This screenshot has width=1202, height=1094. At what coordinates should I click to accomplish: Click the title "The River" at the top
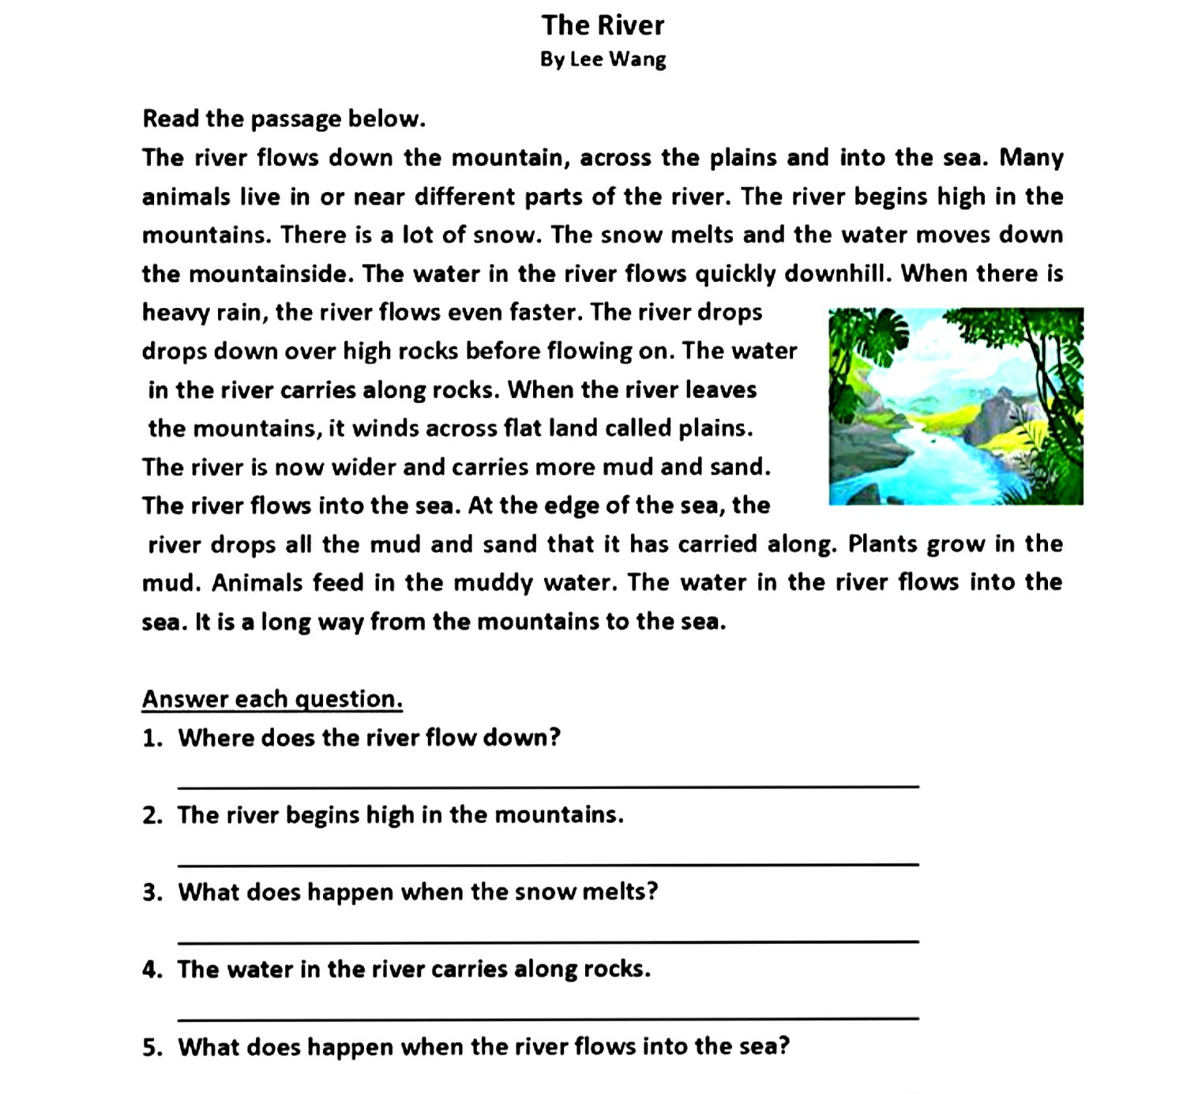pos(603,25)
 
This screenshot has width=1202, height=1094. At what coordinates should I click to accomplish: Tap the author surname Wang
pos(637,60)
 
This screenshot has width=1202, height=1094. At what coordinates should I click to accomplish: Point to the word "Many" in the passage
pos(1031,158)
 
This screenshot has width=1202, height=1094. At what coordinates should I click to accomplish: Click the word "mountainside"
pos(272,274)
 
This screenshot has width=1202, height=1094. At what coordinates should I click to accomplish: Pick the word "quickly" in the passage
pos(735,274)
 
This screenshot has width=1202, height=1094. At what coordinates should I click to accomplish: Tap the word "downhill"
pos(837,274)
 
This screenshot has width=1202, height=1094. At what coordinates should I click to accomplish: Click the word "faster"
pos(543,313)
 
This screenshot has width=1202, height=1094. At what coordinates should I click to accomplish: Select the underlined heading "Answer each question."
pos(272,699)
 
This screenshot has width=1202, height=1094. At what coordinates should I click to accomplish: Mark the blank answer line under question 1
pos(548,786)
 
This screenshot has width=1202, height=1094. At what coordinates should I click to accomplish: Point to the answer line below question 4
pos(548,1017)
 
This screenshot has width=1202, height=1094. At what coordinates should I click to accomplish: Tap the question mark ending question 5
pos(783,1047)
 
